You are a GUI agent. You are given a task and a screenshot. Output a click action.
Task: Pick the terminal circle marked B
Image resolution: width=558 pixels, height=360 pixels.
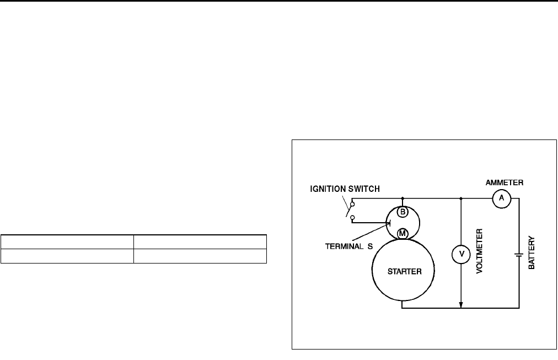tap(403, 211)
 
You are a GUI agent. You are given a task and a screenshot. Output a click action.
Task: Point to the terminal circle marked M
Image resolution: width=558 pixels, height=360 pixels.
tap(403, 234)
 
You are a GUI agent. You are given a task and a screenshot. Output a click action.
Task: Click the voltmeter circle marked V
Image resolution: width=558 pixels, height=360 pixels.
tap(461, 254)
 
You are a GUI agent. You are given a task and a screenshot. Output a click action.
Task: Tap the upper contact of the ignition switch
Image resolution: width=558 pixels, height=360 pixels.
tap(352, 203)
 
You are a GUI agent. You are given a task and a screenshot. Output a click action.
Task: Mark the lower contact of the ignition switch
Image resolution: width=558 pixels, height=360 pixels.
tap(352, 217)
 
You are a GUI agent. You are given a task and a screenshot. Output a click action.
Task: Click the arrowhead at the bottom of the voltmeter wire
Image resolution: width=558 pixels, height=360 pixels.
tap(461, 304)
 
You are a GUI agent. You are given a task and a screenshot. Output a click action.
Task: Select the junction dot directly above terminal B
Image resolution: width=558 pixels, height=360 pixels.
tap(403, 198)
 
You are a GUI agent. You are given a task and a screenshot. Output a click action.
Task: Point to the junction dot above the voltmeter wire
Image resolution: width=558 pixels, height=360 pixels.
tap(461, 198)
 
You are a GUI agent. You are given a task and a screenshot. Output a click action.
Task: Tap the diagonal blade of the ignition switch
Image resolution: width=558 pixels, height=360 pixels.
tap(348, 210)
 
